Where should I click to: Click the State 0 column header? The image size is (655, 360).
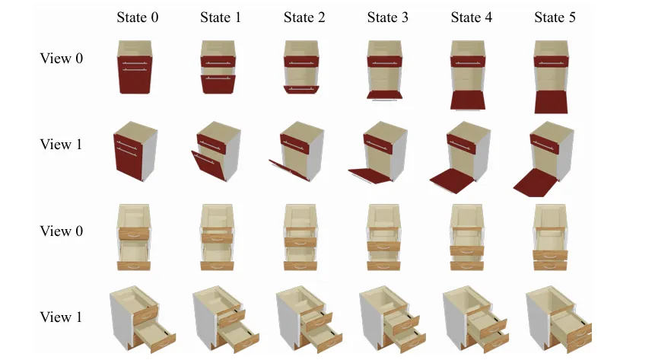[x=138, y=18]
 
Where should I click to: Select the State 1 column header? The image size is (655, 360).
[x=221, y=18]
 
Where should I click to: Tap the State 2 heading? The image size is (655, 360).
[x=304, y=18]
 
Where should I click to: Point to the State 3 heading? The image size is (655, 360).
[x=387, y=18]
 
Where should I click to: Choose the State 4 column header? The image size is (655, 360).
[x=471, y=18]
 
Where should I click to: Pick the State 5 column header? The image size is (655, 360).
[x=555, y=18]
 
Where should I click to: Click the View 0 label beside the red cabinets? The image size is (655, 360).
[x=62, y=59]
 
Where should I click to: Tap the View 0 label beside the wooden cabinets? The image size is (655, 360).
[x=62, y=231]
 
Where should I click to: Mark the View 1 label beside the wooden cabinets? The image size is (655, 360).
[x=62, y=317]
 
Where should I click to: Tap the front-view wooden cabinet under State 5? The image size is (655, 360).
[x=552, y=237]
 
